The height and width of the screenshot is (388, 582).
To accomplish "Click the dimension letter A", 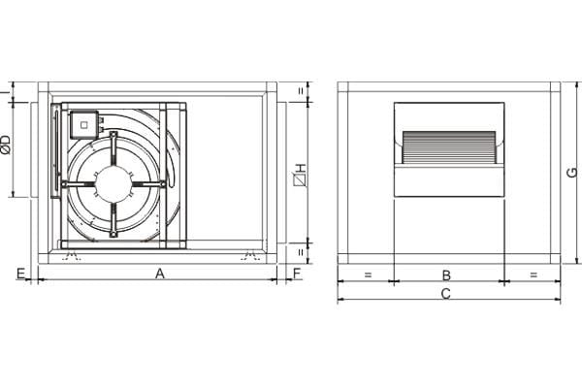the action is pos(160,274).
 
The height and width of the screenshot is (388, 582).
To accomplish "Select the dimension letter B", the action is pos(446,275).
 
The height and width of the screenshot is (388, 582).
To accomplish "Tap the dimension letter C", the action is pos(446,294).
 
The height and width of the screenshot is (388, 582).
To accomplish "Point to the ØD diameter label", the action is pos(7,145).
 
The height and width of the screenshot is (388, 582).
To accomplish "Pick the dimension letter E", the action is pos(20,274).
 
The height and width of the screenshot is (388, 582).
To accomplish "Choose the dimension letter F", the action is pos(297,274).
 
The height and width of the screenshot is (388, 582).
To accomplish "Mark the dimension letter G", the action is pos(572,173).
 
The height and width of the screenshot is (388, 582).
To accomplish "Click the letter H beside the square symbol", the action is pos(301,168).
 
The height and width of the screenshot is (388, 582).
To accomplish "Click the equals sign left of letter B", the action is pos(368,275).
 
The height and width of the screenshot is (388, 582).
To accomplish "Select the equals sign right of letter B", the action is pos(533,275).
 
